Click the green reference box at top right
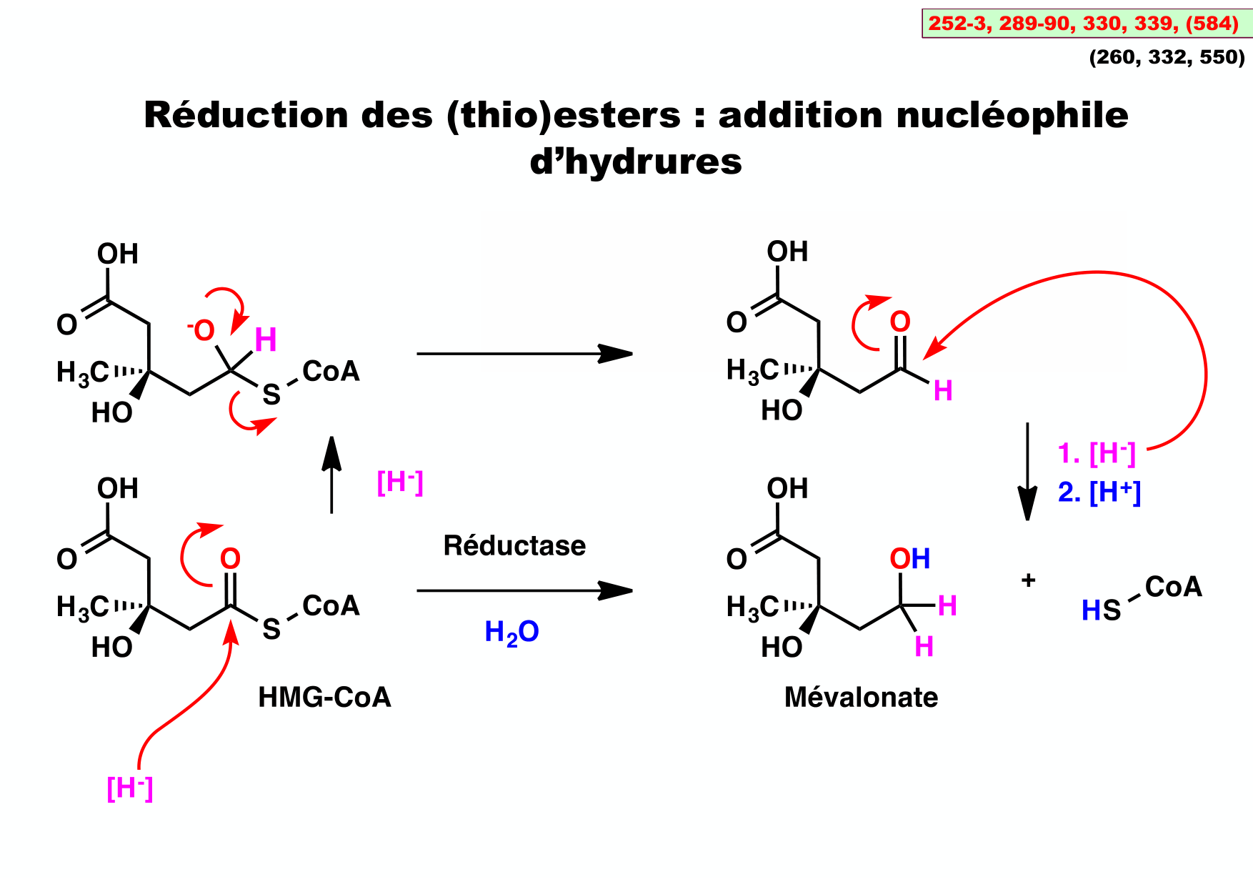pos(1086,23)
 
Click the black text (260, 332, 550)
pos(1167,57)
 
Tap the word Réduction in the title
pos(246,115)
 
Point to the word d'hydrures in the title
pos(636,162)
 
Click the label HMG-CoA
pos(324,697)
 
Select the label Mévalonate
pos(861,697)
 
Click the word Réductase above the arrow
pos(514,546)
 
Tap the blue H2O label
pos(511,633)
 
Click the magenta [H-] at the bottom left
pos(130,788)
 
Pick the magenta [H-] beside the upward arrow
pos(400,483)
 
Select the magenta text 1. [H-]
pos(1096,453)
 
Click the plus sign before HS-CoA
pos(1028,580)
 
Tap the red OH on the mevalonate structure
pos(909,559)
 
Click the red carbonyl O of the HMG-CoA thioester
pos(230,559)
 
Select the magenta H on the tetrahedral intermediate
pos(266,340)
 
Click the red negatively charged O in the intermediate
pos(203,331)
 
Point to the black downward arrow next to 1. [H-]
pos(1027,472)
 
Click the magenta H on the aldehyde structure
pos(943,391)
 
